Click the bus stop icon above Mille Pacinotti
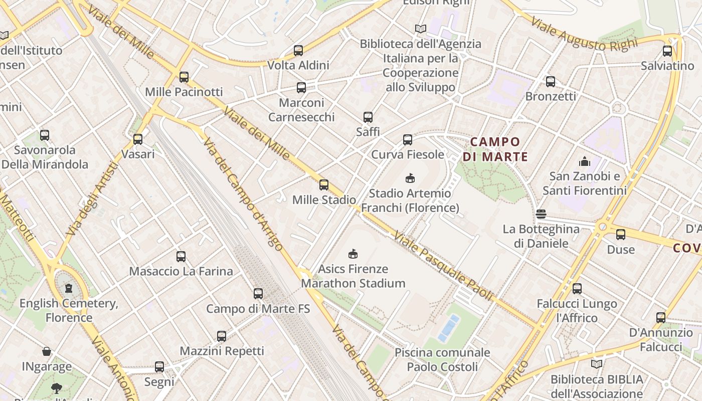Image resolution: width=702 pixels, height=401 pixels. [184, 77]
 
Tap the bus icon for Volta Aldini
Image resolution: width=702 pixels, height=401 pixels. [298, 50]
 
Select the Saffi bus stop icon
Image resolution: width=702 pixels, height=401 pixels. [368, 117]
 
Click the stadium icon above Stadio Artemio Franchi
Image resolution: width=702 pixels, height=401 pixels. [410, 178]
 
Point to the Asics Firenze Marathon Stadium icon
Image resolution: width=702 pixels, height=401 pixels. [353, 254]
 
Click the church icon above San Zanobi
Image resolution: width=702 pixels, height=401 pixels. [585, 161]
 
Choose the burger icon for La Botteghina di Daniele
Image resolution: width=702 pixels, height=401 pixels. [541, 214]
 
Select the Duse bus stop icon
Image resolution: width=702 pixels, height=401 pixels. [621, 234]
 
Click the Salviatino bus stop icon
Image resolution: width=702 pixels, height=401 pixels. [667, 51]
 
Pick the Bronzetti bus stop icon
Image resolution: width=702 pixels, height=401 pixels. [551, 81]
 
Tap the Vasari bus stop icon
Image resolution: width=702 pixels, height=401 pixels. [138, 139]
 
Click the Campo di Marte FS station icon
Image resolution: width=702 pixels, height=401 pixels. [258, 294]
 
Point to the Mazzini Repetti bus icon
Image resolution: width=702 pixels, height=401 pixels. [222, 336]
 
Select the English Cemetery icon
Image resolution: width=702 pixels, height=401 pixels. [69, 288]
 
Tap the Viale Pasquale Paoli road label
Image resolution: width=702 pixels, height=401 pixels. [443, 266]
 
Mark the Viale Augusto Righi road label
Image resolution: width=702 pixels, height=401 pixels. [584, 35]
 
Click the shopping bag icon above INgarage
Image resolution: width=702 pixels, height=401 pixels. [47, 351]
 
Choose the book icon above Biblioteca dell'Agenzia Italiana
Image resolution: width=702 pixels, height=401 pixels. [420, 29]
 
